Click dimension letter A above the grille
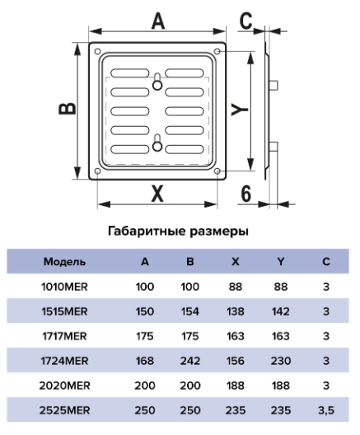point(158,21)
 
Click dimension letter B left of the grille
point(68,109)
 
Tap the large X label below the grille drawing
point(157,193)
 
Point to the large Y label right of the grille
point(240,110)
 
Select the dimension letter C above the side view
point(245,21)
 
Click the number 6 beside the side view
point(246,194)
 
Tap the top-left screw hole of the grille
point(98,51)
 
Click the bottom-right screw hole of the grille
point(217,171)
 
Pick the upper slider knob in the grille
point(157,85)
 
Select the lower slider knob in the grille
point(157,147)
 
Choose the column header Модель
point(64,262)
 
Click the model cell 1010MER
point(64,287)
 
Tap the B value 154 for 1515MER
point(190,311)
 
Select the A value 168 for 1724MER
point(145,361)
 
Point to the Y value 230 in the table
point(281,361)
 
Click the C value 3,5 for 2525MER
point(326,410)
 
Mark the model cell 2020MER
point(64,386)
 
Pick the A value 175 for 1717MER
point(145,336)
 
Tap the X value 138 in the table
point(236,311)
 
